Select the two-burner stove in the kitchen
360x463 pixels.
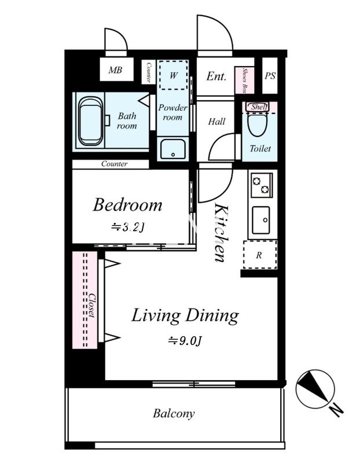[x=262, y=185]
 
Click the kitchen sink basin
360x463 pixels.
[x=261, y=221]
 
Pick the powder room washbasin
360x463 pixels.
[x=172, y=149]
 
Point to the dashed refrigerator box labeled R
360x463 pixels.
[x=260, y=255]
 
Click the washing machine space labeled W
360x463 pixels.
[x=174, y=75]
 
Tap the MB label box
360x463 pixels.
[x=116, y=69]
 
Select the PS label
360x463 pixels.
[x=270, y=76]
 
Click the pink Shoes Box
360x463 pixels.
[x=244, y=80]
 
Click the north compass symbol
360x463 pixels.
[x=315, y=387]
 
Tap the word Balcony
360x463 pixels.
[x=174, y=413]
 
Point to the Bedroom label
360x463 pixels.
[x=127, y=205]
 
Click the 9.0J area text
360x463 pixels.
[x=185, y=341]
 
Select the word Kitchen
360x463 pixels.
[x=222, y=233]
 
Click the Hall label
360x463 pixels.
[x=216, y=122]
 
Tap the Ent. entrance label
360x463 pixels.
[x=216, y=76]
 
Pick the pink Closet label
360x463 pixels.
[x=93, y=305]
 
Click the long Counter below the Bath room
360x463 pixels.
[x=111, y=164]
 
